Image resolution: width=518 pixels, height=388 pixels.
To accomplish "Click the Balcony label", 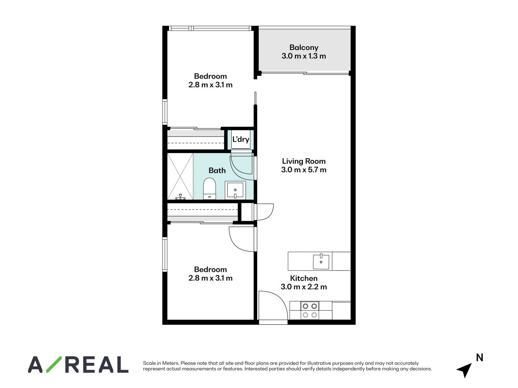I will point(304,47).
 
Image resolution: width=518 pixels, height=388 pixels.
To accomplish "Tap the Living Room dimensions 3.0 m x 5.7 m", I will point(304,170).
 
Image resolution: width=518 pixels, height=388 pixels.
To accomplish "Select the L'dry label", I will point(241,139).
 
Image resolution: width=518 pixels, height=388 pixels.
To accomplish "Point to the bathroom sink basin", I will point(235,190).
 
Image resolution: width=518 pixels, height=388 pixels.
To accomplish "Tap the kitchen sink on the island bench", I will point(321,261).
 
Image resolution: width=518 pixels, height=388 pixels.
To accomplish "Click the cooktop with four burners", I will point(310,310).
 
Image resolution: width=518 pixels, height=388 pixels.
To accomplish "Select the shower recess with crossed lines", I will point(180,176).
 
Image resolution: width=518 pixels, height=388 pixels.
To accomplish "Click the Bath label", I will point(217,170).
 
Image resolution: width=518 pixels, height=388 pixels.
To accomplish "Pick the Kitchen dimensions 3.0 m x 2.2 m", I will point(304,287).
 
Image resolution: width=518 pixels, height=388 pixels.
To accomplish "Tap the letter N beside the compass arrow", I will point(480,357).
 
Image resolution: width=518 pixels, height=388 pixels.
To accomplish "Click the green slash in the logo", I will point(53,364).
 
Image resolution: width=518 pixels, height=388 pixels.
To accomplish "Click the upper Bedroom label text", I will point(210,76).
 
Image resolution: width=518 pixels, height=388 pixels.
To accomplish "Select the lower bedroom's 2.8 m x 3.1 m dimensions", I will point(210,278).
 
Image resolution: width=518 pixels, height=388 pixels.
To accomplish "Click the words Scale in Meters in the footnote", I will point(161,363).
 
